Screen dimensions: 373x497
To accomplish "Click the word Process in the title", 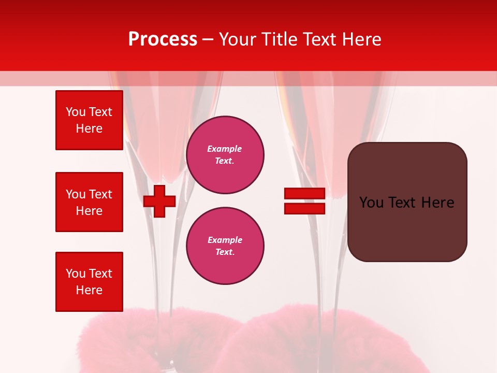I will [x=163, y=39].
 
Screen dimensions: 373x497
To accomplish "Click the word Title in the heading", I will [x=280, y=39].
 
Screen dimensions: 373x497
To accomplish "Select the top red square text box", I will [x=89, y=120].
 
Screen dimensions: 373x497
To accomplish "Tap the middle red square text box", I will [x=89, y=202].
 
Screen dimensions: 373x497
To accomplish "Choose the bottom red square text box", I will [x=89, y=282].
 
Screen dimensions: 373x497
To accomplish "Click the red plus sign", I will [x=159, y=201].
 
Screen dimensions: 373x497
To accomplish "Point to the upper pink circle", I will [x=225, y=155].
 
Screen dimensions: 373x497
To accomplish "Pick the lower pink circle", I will [x=225, y=246].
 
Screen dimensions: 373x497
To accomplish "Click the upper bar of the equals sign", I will [x=304, y=194].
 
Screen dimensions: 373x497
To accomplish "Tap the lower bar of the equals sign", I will [x=304, y=208].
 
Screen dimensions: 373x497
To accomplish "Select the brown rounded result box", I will [x=407, y=202].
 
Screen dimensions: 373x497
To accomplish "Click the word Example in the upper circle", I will [x=225, y=149].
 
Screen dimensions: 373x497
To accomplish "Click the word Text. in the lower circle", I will [x=225, y=252].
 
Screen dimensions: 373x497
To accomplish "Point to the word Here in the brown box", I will [x=437, y=203].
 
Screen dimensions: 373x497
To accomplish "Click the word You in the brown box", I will [x=371, y=203].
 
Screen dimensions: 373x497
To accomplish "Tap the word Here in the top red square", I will [x=89, y=128].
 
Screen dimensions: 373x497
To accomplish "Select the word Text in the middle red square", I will [x=100, y=194].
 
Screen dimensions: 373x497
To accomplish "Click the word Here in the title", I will [x=361, y=39].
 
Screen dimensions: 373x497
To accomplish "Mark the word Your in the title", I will [x=237, y=39].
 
